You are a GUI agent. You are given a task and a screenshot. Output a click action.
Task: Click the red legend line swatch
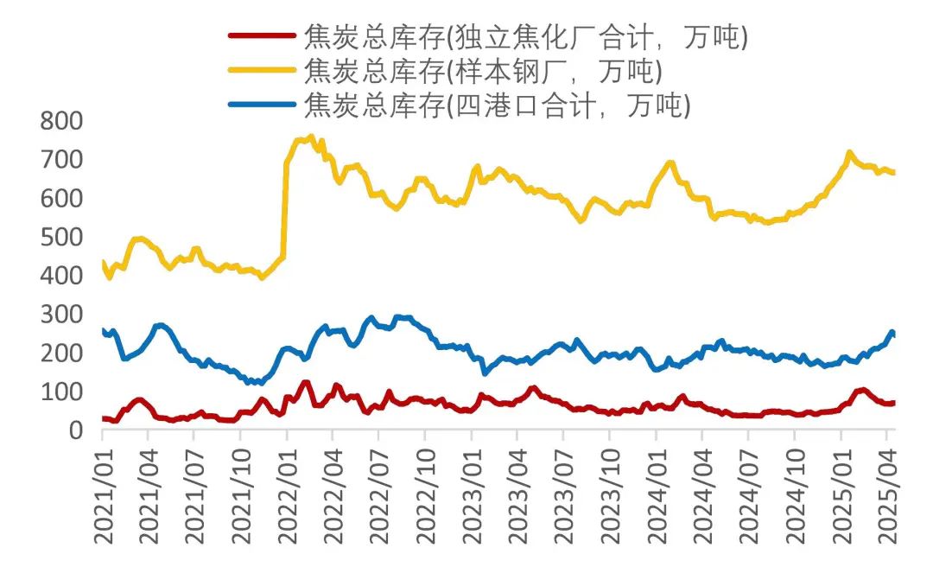[x=263, y=35]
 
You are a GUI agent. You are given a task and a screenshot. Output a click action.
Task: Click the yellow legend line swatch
[x=263, y=70]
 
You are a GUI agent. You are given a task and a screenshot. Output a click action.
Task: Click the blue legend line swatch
[x=263, y=105]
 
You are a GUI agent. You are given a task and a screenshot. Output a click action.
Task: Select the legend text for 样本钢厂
[x=483, y=70]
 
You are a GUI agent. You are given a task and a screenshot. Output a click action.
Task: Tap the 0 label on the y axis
[x=75, y=430]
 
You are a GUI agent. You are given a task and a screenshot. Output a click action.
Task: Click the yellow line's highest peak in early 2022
[x=311, y=137]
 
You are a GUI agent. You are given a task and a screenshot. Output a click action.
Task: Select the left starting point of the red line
[x=103, y=418]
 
